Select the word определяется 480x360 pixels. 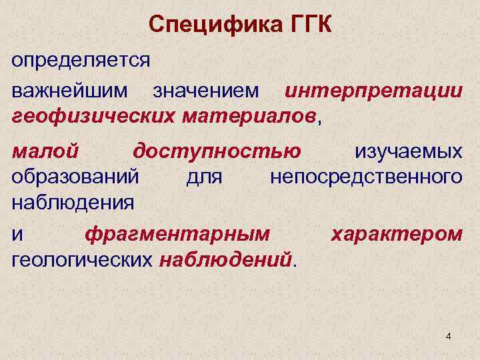click(x=81, y=61)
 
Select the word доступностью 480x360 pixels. click(x=217, y=151)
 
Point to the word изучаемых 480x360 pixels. click(x=408, y=151)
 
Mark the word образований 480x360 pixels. click(x=75, y=177)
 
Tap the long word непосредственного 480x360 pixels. click(x=365, y=177)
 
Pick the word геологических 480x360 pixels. click(x=82, y=259)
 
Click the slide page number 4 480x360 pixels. click(x=448, y=336)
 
